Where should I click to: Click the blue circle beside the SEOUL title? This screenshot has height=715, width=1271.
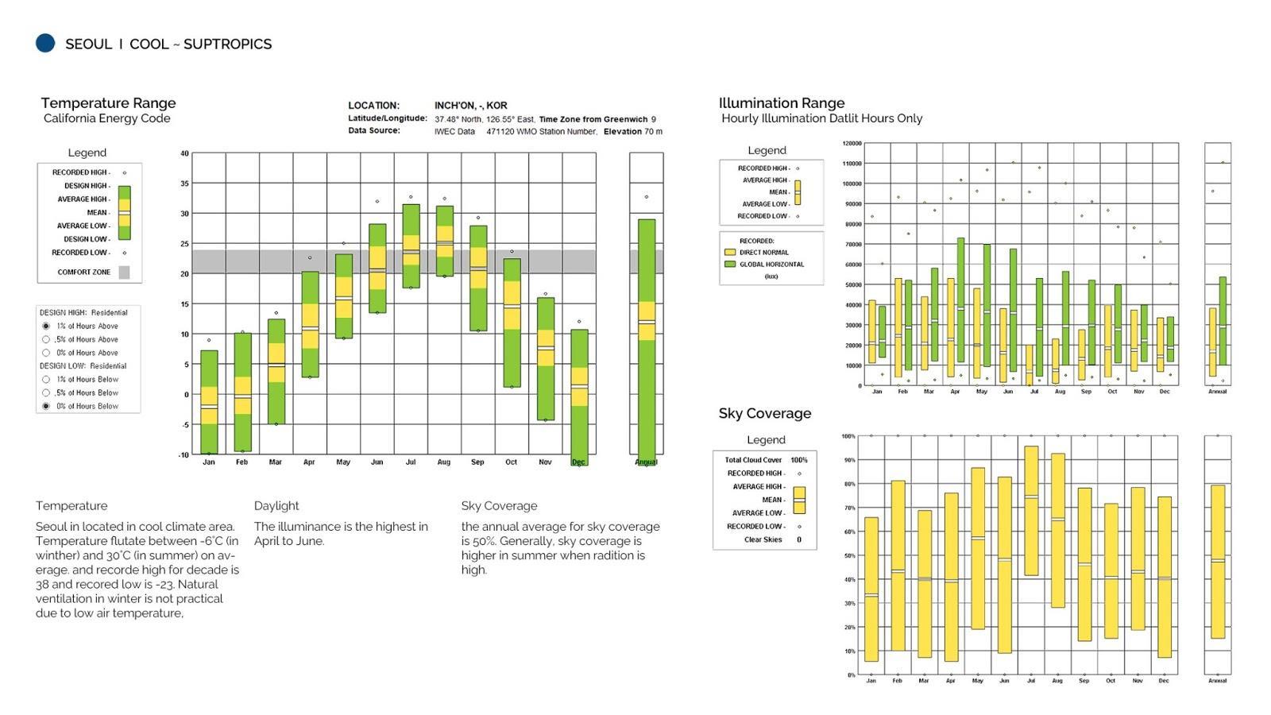pos(45,43)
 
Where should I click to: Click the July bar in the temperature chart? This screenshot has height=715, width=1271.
pos(411,246)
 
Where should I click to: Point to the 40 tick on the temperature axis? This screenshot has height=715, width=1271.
pos(184,153)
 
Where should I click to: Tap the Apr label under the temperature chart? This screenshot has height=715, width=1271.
pos(309,462)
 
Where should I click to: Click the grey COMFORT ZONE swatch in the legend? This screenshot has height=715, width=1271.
pos(124,272)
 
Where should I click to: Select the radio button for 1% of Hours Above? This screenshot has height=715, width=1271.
pos(46,326)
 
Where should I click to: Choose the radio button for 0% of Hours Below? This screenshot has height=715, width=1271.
pos(46,406)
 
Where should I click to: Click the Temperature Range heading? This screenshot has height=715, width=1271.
pos(108,103)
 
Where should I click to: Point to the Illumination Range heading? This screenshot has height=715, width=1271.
pos(782,103)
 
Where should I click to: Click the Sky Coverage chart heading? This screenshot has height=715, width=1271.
pos(765,413)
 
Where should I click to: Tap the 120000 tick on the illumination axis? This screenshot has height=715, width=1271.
pos(852,144)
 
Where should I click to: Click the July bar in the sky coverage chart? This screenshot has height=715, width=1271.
pos(1031,510)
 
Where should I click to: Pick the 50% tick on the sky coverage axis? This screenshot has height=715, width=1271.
pos(849,556)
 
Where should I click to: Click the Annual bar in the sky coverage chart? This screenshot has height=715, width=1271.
pos(1217,562)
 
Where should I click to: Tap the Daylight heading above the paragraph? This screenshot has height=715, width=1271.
pos(276,506)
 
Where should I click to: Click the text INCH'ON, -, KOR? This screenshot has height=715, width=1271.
pos(470,106)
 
